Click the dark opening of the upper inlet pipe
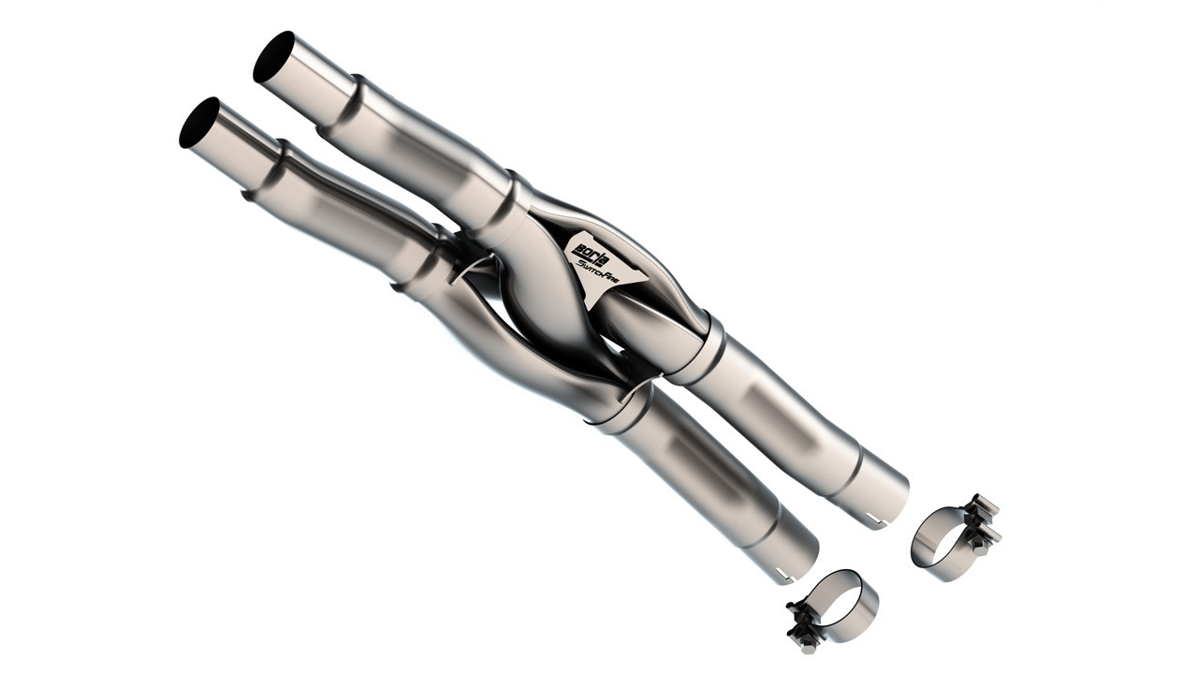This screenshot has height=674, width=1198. click(273, 56)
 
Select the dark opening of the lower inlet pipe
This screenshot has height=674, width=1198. click(198, 123)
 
